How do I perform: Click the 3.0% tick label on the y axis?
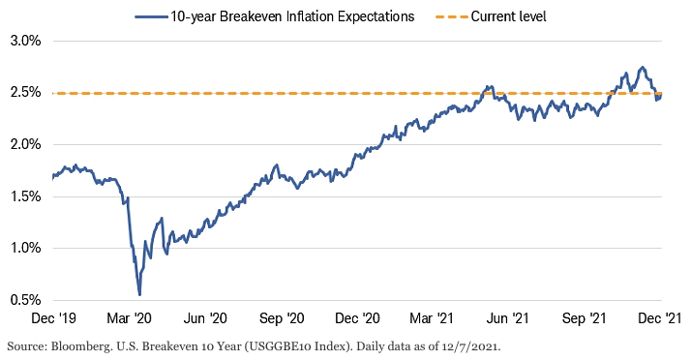(26, 41)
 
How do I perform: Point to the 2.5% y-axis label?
(26, 93)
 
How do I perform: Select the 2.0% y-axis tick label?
(26, 144)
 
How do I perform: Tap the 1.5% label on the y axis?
(26, 196)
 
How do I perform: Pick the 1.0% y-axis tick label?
(26, 248)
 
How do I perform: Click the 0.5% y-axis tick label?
(26, 300)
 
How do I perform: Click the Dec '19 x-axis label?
(54, 318)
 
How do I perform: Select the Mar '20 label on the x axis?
(129, 318)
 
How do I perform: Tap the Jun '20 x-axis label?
(205, 318)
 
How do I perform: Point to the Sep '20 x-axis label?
(282, 318)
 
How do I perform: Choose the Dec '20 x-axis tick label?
(357, 318)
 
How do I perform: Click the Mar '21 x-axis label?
(432, 318)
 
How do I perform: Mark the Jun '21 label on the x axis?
(507, 318)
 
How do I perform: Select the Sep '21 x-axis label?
(584, 318)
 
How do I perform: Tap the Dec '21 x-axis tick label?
(660, 318)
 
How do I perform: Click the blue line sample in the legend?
(151, 16)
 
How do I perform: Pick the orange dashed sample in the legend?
(451, 16)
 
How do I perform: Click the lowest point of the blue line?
(139, 295)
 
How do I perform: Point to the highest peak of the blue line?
(642, 68)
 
